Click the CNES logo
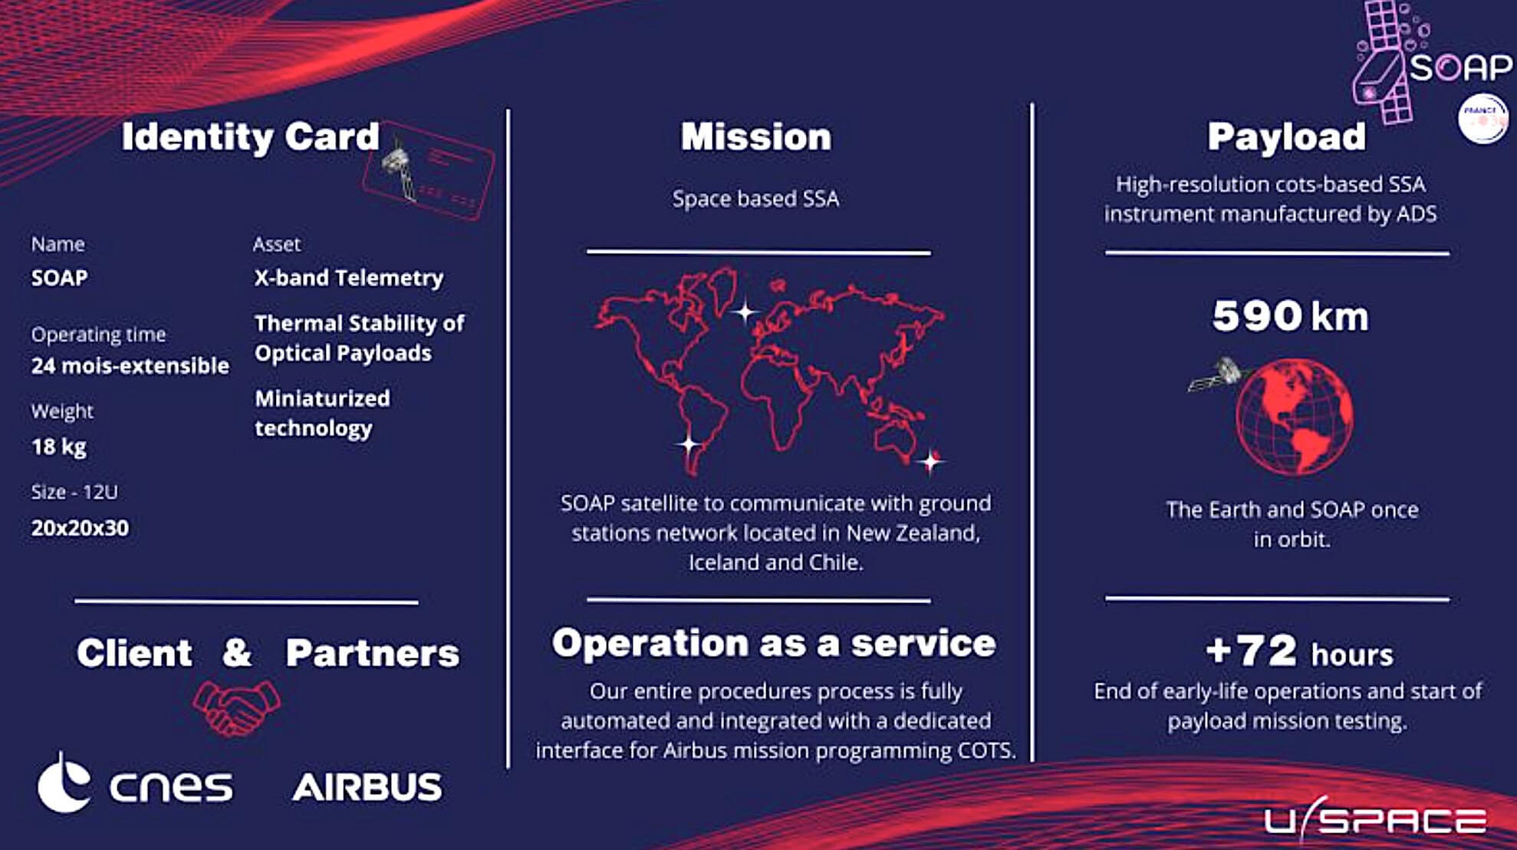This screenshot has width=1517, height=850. [135, 784]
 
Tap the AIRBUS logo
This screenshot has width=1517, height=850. [367, 787]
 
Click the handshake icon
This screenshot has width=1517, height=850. [236, 707]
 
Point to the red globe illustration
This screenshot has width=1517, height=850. [1295, 417]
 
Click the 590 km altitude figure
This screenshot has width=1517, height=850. [1290, 315]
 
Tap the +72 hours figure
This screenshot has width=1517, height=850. [1299, 652]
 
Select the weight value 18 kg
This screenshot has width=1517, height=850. [59, 446]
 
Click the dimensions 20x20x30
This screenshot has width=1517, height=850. [80, 528]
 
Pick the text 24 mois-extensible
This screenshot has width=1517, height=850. [130, 365]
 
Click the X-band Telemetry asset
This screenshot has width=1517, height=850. [349, 278]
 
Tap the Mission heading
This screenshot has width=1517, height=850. [756, 137]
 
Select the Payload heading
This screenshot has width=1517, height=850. [1286, 137]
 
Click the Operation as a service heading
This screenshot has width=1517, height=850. [774, 643]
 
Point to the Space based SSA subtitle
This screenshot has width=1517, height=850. [756, 199]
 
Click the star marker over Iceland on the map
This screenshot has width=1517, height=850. [744, 311]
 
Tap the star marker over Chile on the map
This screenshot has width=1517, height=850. [689, 443]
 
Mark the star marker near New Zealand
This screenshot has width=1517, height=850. [931, 461]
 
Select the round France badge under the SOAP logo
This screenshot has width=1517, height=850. [1482, 119]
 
